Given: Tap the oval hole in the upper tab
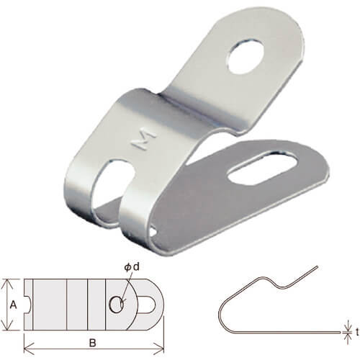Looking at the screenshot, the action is [246, 55].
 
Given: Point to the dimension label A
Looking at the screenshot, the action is [14, 305].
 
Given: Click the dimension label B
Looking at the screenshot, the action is [92, 343].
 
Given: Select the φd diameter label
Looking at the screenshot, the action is [132, 267].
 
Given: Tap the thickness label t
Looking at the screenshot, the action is [357, 332].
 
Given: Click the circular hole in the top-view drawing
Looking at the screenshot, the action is [117, 305].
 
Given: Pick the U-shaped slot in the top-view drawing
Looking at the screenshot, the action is [147, 305].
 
